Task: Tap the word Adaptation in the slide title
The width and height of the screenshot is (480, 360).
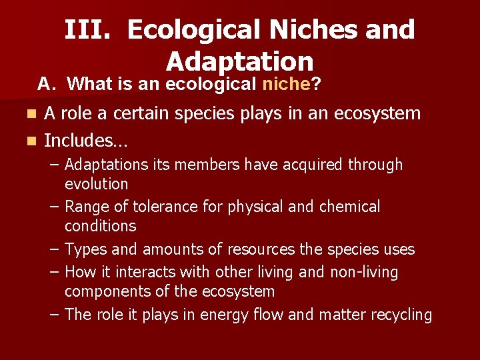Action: click(x=239, y=61)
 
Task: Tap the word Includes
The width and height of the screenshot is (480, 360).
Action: click(x=86, y=141)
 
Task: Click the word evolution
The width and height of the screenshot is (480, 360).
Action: click(x=96, y=183)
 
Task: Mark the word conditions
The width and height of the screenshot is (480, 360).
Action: click(x=100, y=226)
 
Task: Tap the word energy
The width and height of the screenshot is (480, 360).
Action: click(x=232, y=315)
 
